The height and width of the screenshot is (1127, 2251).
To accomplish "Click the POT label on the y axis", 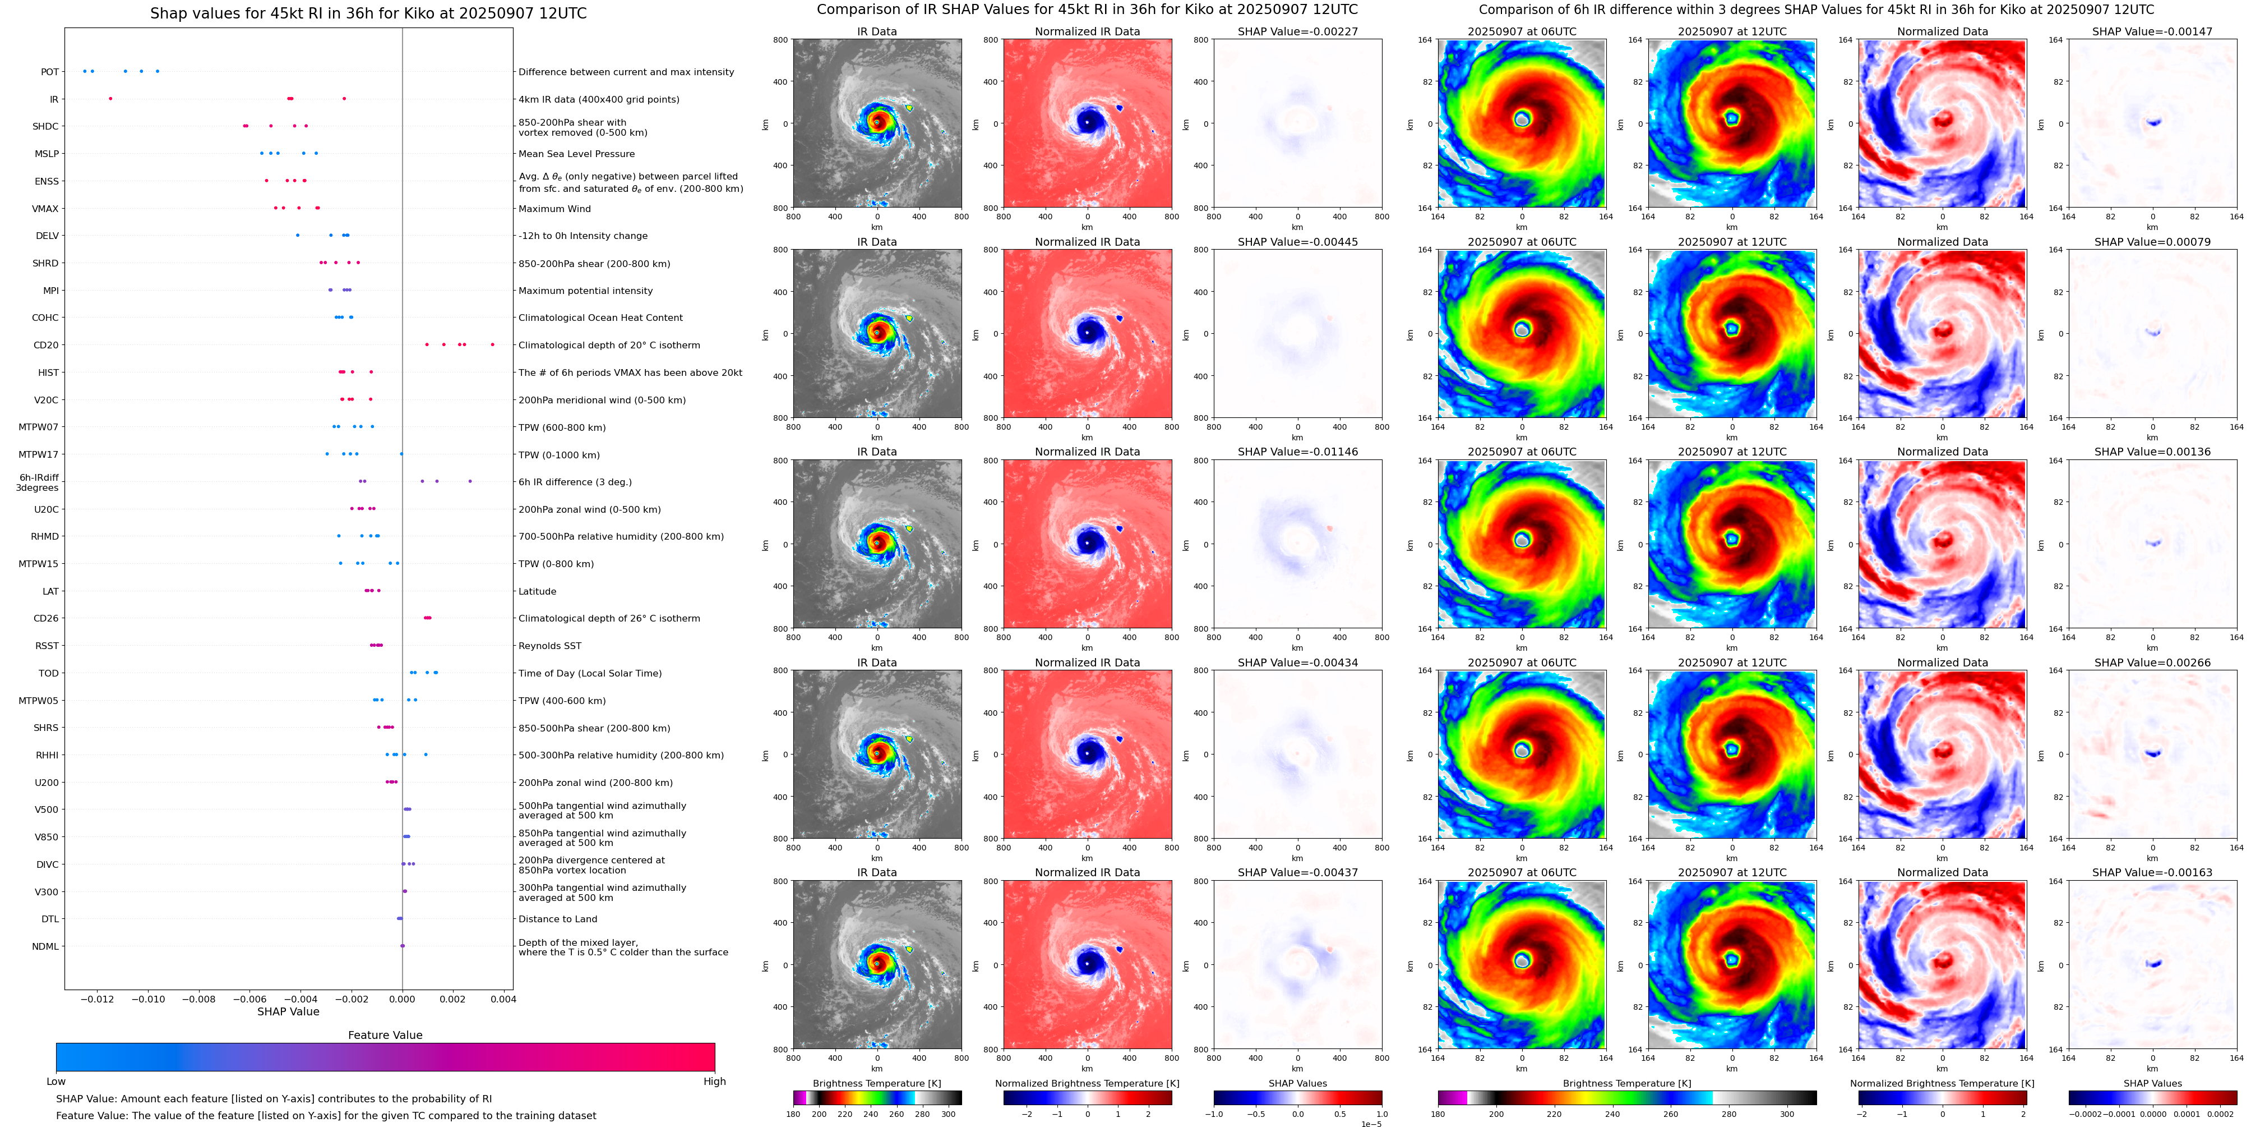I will tap(50, 72).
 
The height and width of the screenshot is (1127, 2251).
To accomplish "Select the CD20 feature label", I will tap(47, 346).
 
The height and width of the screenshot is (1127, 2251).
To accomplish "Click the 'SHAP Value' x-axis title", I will tap(288, 1011).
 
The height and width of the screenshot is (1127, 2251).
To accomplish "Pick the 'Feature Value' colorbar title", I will tap(385, 1035).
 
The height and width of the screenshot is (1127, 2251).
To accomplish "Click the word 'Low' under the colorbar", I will tap(56, 1082).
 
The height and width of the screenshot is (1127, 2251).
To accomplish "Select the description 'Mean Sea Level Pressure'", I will tap(577, 154).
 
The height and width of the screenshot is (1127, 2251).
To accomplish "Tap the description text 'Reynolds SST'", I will tap(549, 646).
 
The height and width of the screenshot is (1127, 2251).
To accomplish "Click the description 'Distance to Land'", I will tap(557, 919).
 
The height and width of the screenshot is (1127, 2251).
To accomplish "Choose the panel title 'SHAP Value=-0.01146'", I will tap(1298, 452).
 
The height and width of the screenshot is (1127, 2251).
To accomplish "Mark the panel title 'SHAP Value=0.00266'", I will tap(2152, 663).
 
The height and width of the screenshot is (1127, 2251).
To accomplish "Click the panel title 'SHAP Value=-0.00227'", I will tap(1298, 31).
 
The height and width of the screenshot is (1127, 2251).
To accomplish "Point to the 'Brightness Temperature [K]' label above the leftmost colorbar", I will tap(876, 1083).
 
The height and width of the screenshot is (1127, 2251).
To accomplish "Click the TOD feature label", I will tap(49, 673).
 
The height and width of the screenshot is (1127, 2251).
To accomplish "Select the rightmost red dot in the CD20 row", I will tap(493, 344).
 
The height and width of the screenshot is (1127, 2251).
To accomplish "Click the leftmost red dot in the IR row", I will tap(110, 99).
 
